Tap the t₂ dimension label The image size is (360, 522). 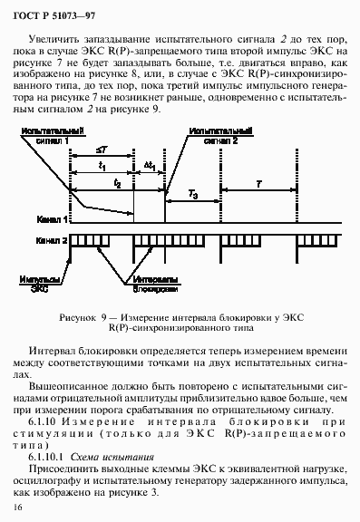pos(118,182)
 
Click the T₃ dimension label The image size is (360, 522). pos(192,195)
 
